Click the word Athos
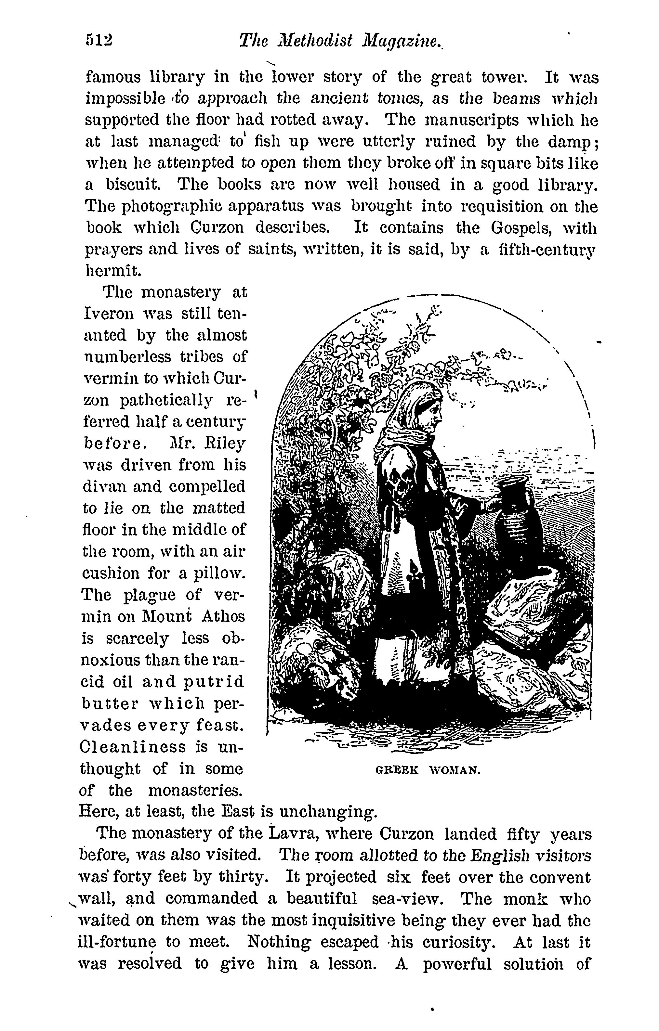tap(223, 616)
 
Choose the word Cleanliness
tap(133, 746)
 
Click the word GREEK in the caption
tap(396, 771)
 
